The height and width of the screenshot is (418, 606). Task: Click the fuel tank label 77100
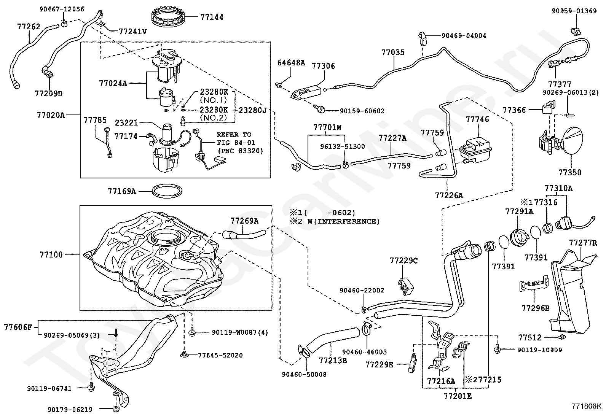pyautogui.click(x=51, y=254)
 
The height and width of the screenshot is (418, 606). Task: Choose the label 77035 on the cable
pyautogui.click(x=393, y=52)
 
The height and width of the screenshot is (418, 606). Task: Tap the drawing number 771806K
pyautogui.click(x=586, y=406)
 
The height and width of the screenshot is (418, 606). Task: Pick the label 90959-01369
pyautogui.click(x=574, y=11)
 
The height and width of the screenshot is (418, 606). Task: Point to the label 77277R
pyautogui.click(x=583, y=243)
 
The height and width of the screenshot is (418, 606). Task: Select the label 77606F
pyautogui.click(x=19, y=327)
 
